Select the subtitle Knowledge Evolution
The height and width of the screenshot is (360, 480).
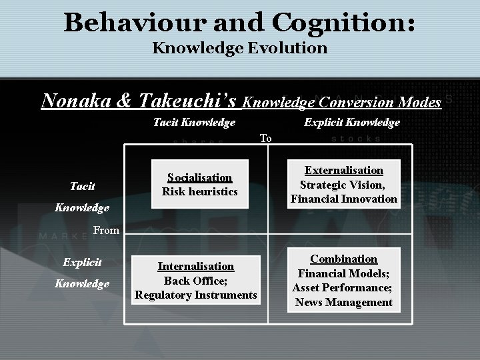click(240, 48)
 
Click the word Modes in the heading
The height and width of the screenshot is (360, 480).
click(417, 102)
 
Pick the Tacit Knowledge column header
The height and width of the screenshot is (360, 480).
click(194, 122)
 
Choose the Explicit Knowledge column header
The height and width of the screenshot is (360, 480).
click(352, 122)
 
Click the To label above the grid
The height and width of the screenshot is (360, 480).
click(265, 138)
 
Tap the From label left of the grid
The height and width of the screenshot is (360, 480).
click(107, 230)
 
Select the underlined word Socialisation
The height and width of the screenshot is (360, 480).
click(200, 177)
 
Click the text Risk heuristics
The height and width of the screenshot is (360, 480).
click(200, 191)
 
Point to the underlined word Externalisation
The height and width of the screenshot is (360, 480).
click(344, 171)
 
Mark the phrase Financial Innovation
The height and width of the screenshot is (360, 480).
click(344, 199)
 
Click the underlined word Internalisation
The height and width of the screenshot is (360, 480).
click(196, 266)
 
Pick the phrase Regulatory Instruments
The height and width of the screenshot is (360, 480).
click(196, 295)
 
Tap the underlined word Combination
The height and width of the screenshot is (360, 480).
click(344, 259)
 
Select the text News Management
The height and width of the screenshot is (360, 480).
click(344, 302)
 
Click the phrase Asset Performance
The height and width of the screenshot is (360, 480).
click(343, 287)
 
